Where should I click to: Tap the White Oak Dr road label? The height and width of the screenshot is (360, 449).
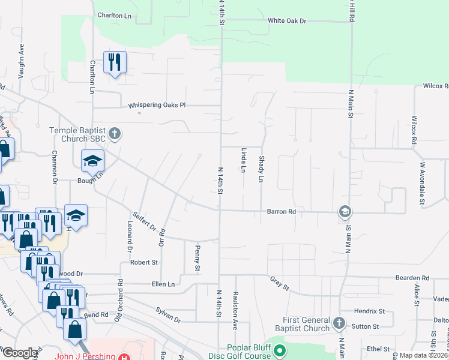[x=287, y=21]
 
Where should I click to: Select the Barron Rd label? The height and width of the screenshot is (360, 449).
[x=281, y=212]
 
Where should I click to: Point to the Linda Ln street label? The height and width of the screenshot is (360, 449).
[x=243, y=160]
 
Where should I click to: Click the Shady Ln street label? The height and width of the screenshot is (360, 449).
[x=261, y=170]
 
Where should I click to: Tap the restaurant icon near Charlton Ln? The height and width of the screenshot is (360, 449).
[x=113, y=61]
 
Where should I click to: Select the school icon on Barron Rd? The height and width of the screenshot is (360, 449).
[x=345, y=211]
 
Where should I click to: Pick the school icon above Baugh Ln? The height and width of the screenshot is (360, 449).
[x=93, y=161]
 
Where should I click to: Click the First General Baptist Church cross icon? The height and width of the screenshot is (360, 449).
[x=339, y=323]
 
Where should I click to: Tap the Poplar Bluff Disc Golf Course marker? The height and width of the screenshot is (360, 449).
[x=279, y=352]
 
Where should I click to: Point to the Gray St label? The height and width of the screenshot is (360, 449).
[x=279, y=284]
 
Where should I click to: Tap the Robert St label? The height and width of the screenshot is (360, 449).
[x=144, y=262]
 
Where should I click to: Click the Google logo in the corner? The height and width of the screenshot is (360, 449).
[x=19, y=353]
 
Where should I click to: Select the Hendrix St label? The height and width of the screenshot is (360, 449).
[x=369, y=311]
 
